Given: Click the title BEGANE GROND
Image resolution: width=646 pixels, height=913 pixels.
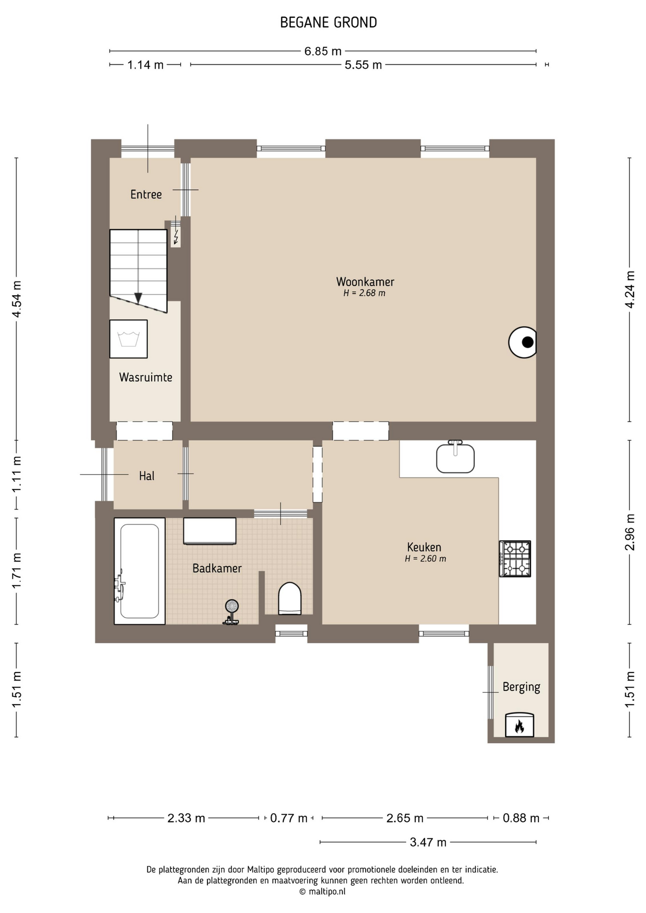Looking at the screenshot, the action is click(328, 22).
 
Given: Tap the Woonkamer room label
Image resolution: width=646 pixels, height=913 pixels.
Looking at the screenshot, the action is click(365, 282).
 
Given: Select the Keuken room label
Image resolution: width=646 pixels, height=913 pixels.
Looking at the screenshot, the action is click(424, 547).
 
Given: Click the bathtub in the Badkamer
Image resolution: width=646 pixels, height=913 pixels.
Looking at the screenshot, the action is click(139, 571).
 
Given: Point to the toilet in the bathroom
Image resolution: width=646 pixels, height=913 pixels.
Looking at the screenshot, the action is click(290, 598).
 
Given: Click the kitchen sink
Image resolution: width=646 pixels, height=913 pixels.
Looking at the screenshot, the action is click(455, 457).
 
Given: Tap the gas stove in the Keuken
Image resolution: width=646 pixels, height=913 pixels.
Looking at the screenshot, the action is click(515, 559).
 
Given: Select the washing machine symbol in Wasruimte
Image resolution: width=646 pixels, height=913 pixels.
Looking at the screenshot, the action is click(128, 339).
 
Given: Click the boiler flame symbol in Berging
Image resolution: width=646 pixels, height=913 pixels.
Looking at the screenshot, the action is click(519, 725).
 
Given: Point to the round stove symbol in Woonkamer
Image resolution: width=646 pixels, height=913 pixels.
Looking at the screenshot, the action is click(523, 342).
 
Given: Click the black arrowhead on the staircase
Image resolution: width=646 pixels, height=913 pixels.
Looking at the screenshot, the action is click(138, 298).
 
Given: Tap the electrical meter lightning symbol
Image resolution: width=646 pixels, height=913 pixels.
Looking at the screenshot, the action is click(176, 236).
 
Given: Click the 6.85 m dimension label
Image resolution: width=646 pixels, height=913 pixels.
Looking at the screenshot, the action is click(323, 51).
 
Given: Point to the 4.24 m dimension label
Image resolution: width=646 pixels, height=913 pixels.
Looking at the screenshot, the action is click(630, 290).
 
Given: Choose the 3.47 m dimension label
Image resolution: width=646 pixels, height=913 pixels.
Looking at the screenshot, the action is click(428, 842).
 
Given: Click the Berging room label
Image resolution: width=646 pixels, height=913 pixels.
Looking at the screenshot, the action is click(521, 687).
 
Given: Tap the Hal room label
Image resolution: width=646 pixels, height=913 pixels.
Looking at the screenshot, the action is click(147, 476).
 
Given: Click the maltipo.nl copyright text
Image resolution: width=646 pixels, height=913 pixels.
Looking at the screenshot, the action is click(322, 892).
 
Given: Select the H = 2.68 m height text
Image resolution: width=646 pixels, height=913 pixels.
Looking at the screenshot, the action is click(364, 293).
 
